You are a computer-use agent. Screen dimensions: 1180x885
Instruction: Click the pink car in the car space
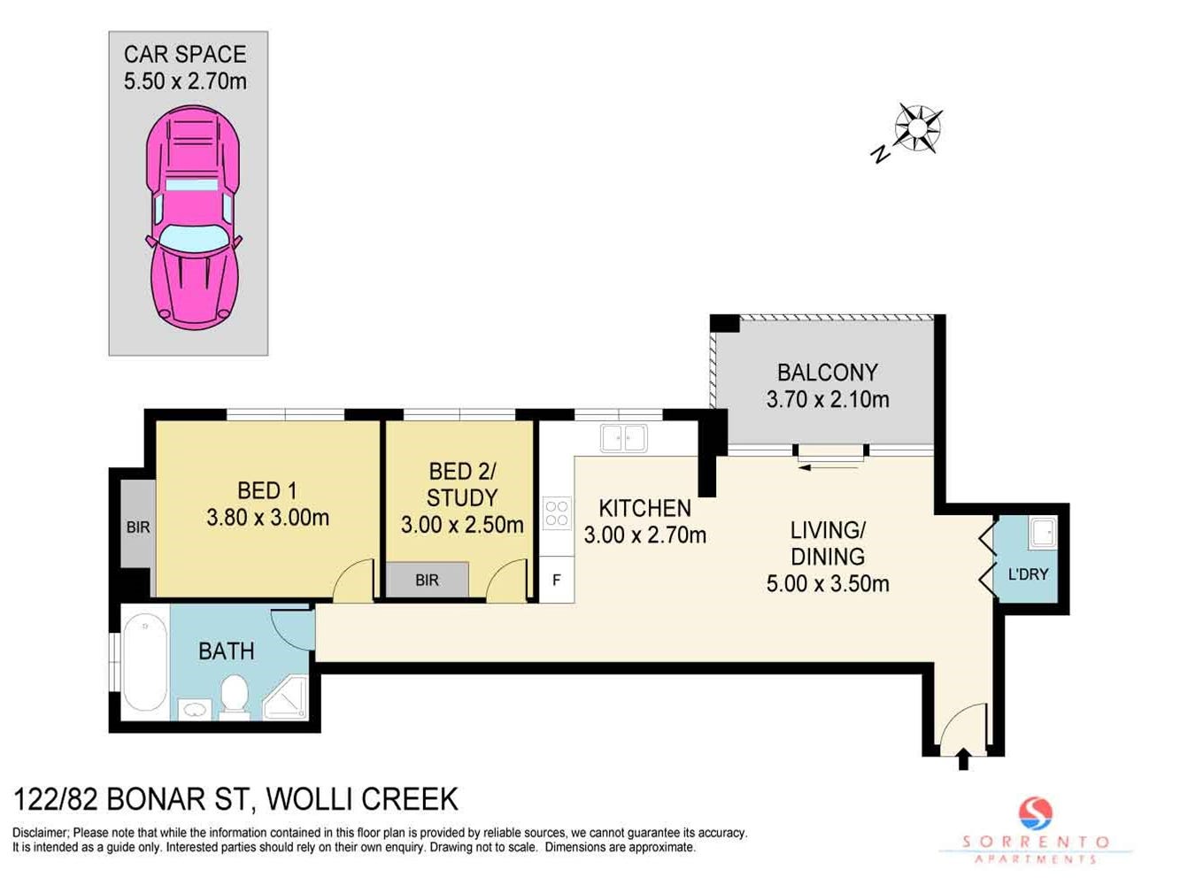194,218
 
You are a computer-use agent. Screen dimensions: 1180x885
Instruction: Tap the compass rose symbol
918,128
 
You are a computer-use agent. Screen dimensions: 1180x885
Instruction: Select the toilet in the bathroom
235,696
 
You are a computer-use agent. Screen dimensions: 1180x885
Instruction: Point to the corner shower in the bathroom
285,698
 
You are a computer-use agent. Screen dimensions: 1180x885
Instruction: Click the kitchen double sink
623,438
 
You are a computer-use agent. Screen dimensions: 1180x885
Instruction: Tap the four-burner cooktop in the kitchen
557,513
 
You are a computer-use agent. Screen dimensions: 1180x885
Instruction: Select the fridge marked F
557,580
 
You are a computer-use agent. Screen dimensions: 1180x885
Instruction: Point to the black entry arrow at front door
963,758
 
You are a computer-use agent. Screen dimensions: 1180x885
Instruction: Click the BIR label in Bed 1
138,527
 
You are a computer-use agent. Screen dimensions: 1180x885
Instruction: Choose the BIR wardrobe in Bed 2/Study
428,580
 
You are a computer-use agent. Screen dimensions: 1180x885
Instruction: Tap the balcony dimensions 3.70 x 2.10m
828,400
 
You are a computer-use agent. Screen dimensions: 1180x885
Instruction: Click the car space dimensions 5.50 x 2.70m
186,81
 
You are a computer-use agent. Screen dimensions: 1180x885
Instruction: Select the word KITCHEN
645,508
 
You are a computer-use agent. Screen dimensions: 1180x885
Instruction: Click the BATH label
227,651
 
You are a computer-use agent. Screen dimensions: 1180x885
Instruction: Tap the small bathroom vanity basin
195,709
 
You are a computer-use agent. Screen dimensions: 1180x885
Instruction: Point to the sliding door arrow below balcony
829,467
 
